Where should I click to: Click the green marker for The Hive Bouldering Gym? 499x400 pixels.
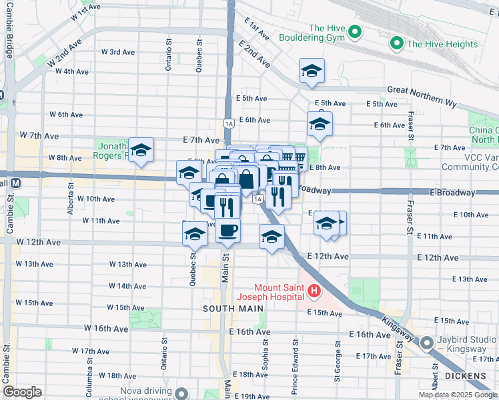click(355, 31)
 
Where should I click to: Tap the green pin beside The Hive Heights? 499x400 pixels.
click(397, 44)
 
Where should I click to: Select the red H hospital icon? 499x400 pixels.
click(314, 291)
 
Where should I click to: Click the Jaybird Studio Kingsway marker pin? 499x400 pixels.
click(427, 343)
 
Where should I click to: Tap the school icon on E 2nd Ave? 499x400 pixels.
click(311, 71)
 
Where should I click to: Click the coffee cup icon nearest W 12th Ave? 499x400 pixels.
click(227, 231)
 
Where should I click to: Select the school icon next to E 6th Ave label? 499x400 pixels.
click(320, 124)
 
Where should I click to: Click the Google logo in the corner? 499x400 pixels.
click(22, 392)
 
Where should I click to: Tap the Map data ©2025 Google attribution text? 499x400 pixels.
click(458, 395)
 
